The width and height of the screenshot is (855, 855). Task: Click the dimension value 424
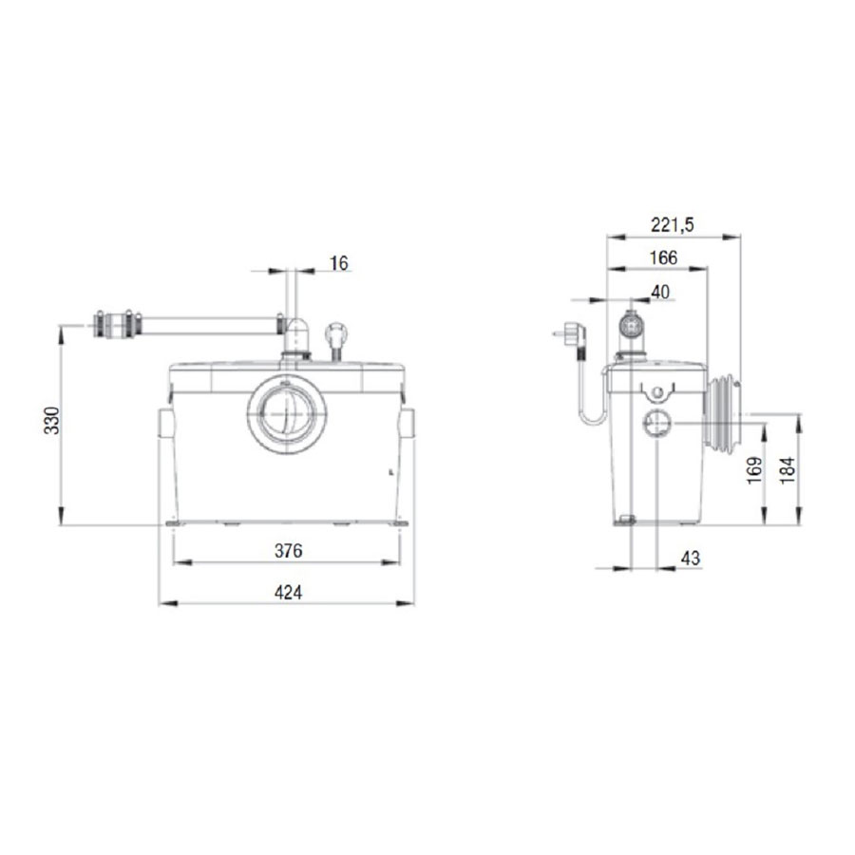tap(288, 593)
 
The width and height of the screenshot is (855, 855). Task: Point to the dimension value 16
tap(338, 262)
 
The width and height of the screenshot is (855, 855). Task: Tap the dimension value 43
tap(691, 559)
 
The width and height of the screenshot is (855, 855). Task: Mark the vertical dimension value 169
tap(753, 468)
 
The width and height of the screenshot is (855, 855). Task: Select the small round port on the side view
tap(656, 424)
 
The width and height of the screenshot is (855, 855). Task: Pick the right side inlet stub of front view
tap(409, 422)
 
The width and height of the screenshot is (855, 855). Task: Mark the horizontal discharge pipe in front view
tap(204, 324)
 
